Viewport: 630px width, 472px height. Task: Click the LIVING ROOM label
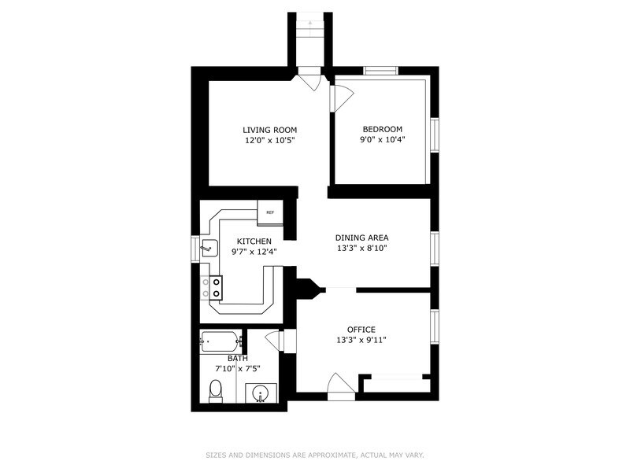[269, 130]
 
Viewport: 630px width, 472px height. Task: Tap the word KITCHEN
[254, 242]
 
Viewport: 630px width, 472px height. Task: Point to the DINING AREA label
[361, 238]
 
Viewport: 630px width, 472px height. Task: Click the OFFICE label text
[361, 330]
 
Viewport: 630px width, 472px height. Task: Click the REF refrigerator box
[269, 212]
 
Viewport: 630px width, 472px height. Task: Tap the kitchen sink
[208, 248]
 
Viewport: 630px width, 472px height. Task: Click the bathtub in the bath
[220, 341]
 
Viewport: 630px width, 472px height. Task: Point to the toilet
[215, 389]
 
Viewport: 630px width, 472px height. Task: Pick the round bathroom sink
[260, 393]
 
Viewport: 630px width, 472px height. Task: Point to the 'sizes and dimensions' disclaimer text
[314, 455]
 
